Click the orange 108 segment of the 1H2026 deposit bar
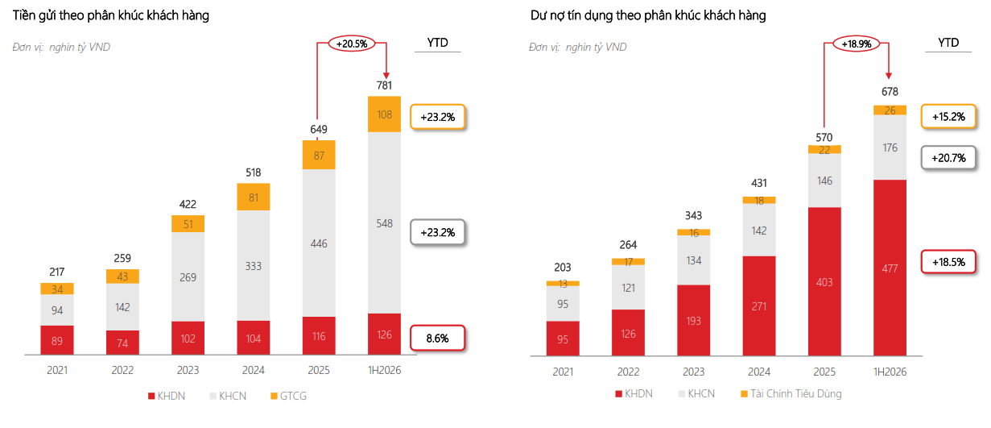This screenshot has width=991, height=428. pyautogui.click(x=384, y=114)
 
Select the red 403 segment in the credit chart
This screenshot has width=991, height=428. pyautogui.click(x=824, y=281)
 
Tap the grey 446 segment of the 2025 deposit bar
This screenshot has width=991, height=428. pyautogui.click(x=319, y=243)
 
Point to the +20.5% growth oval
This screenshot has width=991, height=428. pyautogui.click(x=352, y=44)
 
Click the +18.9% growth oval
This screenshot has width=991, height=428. pyautogui.click(x=856, y=44)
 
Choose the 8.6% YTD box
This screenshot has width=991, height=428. pyautogui.click(x=438, y=338)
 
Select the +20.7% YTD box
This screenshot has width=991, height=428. pyautogui.click(x=948, y=158)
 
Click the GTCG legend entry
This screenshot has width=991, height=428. pyautogui.click(x=288, y=396)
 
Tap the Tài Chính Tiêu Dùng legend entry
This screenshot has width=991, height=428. pyautogui.click(x=791, y=393)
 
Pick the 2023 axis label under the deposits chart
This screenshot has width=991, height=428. pyautogui.click(x=188, y=370)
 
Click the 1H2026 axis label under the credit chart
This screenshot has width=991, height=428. pyautogui.click(x=890, y=372)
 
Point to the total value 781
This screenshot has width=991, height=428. pyautogui.click(x=384, y=85)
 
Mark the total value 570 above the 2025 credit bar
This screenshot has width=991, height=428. pyautogui.click(x=824, y=137)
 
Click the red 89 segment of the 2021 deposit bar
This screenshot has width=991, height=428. pyautogui.click(x=56, y=340)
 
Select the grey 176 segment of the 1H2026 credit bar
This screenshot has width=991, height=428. pyautogui.click(x=890, y=147)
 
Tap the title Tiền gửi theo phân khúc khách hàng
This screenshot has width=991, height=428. pyautogui.click(x=110, y=15)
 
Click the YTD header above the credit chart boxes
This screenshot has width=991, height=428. pyautogui.click(x=948, y=43)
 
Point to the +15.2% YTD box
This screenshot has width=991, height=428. pyautogui.click(x=948, y=117)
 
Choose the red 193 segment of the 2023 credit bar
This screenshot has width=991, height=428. pyautogui.click(x=693, y=320)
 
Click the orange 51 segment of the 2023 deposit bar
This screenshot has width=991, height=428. pyautogui.click(x=188, y=224)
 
